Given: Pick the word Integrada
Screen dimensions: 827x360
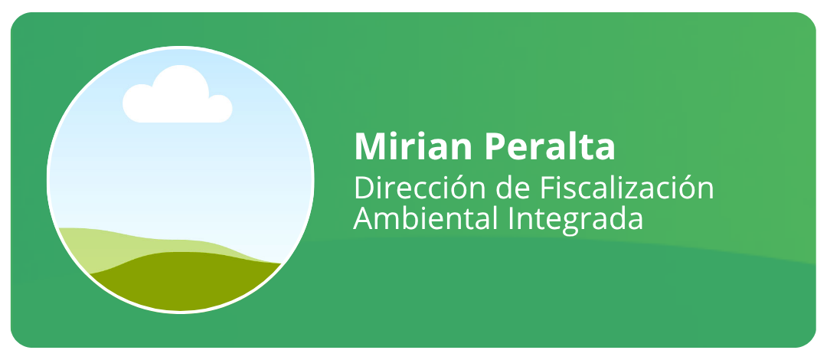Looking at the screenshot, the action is coord(576,221).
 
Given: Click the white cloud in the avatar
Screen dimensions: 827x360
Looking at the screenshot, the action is coord(177,95).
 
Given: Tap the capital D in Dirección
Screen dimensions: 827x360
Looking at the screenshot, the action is coord(364,188).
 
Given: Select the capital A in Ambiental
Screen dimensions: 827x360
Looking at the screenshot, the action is coord(364,218).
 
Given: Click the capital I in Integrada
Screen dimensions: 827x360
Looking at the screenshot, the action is coord(512,218).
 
